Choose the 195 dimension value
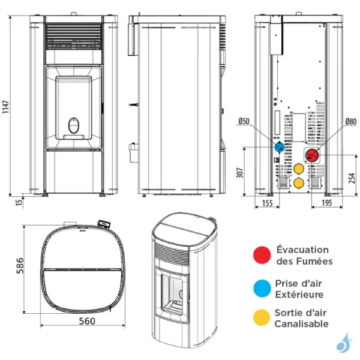pyautogui.click(x=328, y=204)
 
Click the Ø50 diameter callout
pyautogui.click(x=244, y=121)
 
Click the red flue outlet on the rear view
pyautogui.click(x=312, y=156)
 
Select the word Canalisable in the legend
pyautogui.click(x=302, y=324)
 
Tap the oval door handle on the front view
pyautogui.click(x=73, y=125)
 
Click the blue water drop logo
pyautogui.click(x=343, y=343)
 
